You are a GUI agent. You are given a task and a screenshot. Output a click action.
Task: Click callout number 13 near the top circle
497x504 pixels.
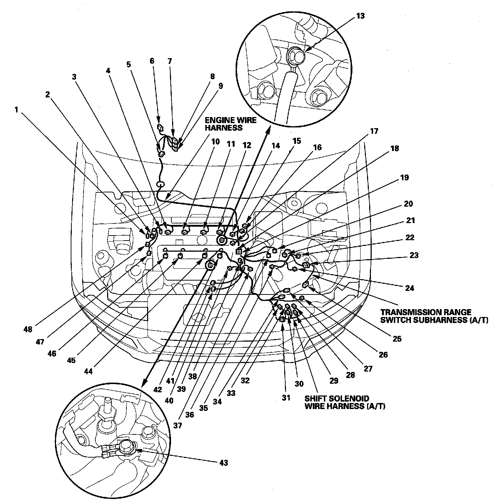coord(360,16)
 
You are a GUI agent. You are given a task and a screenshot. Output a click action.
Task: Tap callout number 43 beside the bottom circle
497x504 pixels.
coord(224,463)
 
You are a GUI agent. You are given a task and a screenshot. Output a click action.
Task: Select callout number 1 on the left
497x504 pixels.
coord(16,110)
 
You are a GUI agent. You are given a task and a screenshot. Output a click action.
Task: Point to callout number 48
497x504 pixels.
coord(28,329)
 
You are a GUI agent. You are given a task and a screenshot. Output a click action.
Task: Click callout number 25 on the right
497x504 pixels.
coord(397,339)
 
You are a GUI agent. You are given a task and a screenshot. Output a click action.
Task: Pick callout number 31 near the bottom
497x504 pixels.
coord(286,398)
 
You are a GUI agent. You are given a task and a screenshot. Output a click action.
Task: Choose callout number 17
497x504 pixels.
coord(374,131)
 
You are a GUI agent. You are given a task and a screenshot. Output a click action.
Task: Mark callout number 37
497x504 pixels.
coord(177,425)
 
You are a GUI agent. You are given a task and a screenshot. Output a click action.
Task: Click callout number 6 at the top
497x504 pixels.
coord(152,61)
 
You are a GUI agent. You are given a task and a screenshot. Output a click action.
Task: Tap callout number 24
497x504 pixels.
coord(410,288)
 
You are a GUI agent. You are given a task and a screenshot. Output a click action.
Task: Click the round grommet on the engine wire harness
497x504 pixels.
coord(160,185)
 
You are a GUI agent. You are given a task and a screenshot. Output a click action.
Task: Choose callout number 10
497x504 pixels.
coord(215,142)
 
